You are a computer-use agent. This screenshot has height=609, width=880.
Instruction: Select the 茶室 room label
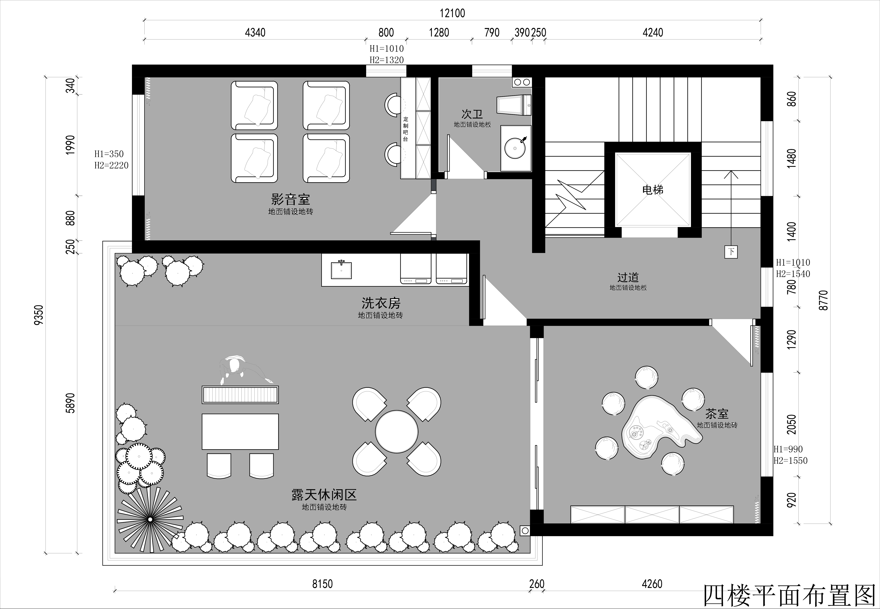coord(717,414)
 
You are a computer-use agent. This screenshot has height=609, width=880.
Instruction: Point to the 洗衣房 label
coord(381,303)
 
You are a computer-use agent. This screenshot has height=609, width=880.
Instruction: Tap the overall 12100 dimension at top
coord(452,13)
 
